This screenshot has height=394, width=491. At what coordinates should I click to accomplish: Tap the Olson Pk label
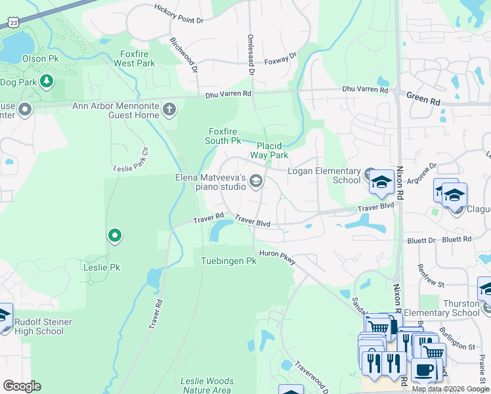tap(35, 58)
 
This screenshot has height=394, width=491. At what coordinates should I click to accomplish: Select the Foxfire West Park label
tap(135, 58)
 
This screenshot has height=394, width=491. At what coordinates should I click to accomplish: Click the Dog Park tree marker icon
tap(46, 81)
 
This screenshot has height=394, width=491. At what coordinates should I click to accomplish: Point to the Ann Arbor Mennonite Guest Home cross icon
tap(169, 109)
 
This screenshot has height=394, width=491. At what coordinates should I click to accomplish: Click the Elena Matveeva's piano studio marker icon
tap(256, 181)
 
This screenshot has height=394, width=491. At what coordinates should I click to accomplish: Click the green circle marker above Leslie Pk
tap(115, 234)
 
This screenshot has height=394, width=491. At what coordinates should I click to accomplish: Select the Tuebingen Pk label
tap(228, 261)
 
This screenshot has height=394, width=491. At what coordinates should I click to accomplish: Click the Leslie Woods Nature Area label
tap(207, 385)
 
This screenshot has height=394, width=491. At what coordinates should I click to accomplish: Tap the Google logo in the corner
tap(22, 385)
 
